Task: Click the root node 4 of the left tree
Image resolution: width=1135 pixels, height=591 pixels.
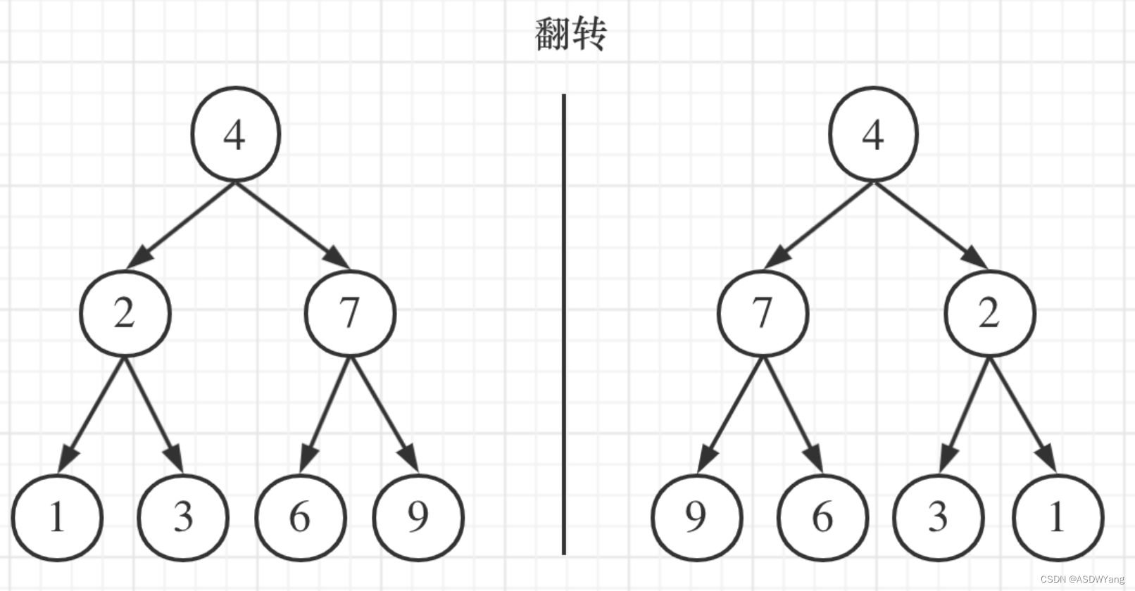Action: (236, 134)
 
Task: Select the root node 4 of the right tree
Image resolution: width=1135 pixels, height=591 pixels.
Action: (873, 134)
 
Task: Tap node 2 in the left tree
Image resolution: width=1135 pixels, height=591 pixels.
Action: (125, 313)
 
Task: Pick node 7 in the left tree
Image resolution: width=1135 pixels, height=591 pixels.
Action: (350, 313)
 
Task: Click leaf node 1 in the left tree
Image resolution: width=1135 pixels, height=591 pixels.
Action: (57, 517)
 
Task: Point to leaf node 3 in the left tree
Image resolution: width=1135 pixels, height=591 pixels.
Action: (183, 517)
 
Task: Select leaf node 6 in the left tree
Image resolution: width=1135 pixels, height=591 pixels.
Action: (300, 517)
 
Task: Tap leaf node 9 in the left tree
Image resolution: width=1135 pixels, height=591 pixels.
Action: (418, 517)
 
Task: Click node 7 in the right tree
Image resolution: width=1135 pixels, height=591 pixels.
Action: (763, 313)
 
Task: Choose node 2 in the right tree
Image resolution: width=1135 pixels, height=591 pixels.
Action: (989, 313)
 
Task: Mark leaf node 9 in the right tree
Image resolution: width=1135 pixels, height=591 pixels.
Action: (696, 517)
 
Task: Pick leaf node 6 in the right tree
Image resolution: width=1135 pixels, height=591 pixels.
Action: (822, 517)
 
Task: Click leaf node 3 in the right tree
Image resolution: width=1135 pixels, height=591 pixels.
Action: (938, 517)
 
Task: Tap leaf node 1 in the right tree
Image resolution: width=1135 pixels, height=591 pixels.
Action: (1058, 517)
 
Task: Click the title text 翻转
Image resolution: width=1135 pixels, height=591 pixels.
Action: (570, 34)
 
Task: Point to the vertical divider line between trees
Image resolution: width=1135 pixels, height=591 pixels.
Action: (564, 324)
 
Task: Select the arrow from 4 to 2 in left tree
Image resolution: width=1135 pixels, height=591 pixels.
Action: (182, 224)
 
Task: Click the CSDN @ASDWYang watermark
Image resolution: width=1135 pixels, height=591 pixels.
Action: (1082, 580)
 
